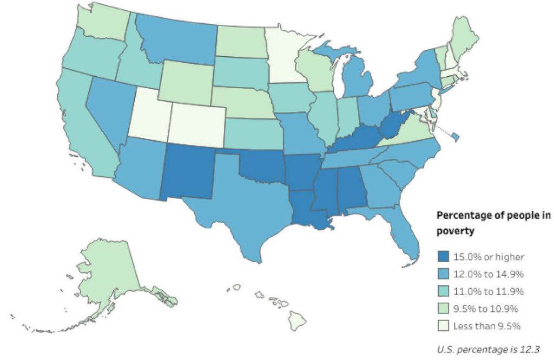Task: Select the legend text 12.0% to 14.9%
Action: coord(480,274)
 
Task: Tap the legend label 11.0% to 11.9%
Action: coord(479,291)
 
